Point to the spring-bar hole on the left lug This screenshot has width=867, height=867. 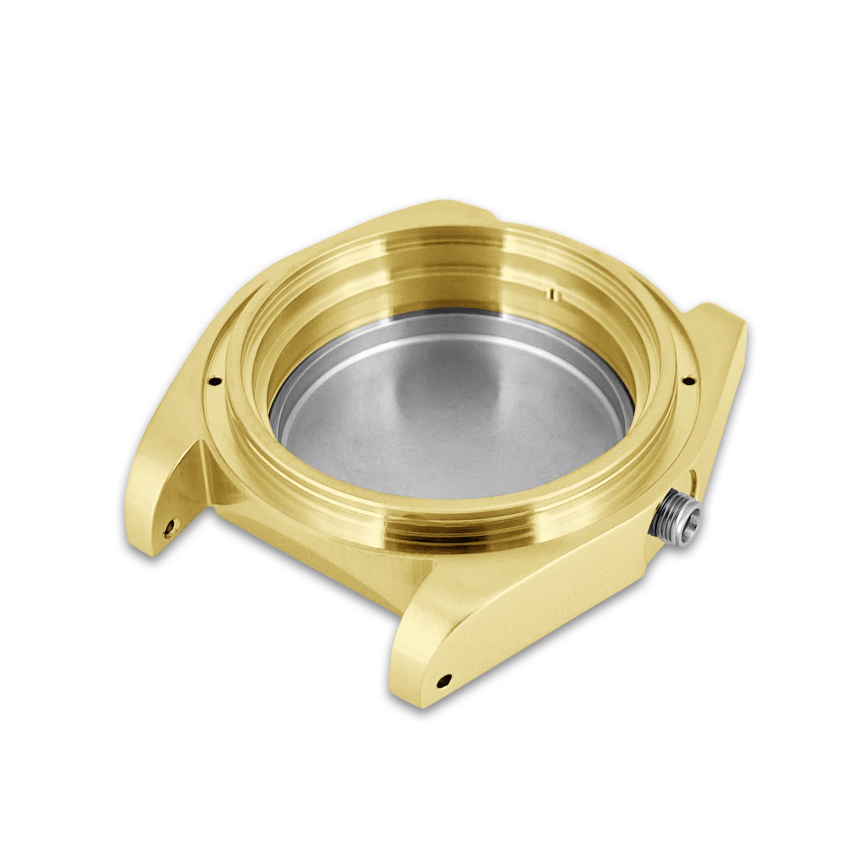pyautogui.click(x=172, y=524)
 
